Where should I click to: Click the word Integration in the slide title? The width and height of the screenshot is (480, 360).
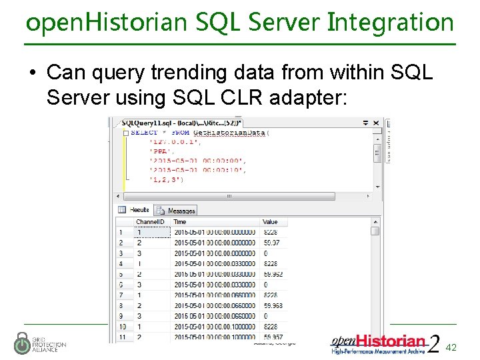pyautogui.click(x=391, y=23)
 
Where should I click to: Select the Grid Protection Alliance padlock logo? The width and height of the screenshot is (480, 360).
pyautogui.click(x=23, y=343)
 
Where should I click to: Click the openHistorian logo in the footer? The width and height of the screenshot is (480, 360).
pyautogui.click(x=379, y=343)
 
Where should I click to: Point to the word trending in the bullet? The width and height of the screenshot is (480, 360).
pyautogui.click(x=156, y=72)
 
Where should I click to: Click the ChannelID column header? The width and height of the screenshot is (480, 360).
pyautogui.click(x=151, y=222)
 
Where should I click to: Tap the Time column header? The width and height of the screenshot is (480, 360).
pyautogui.click(x=180, y=222)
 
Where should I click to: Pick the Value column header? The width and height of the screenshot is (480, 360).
pyautogui.click(x=270, y=222)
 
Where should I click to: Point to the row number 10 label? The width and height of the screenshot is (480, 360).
pyautogui.click(x=123, y=327)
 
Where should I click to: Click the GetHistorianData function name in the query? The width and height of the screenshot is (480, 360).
pyautogui.click(x=230, y=133)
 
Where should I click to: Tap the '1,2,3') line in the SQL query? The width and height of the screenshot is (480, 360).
pyautogui.click(x=167, y=179)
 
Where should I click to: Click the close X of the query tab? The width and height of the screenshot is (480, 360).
pyautogui.click(x=377, y=123)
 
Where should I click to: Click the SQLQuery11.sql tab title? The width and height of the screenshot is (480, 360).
pyautogui.click(x=177, y=123)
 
